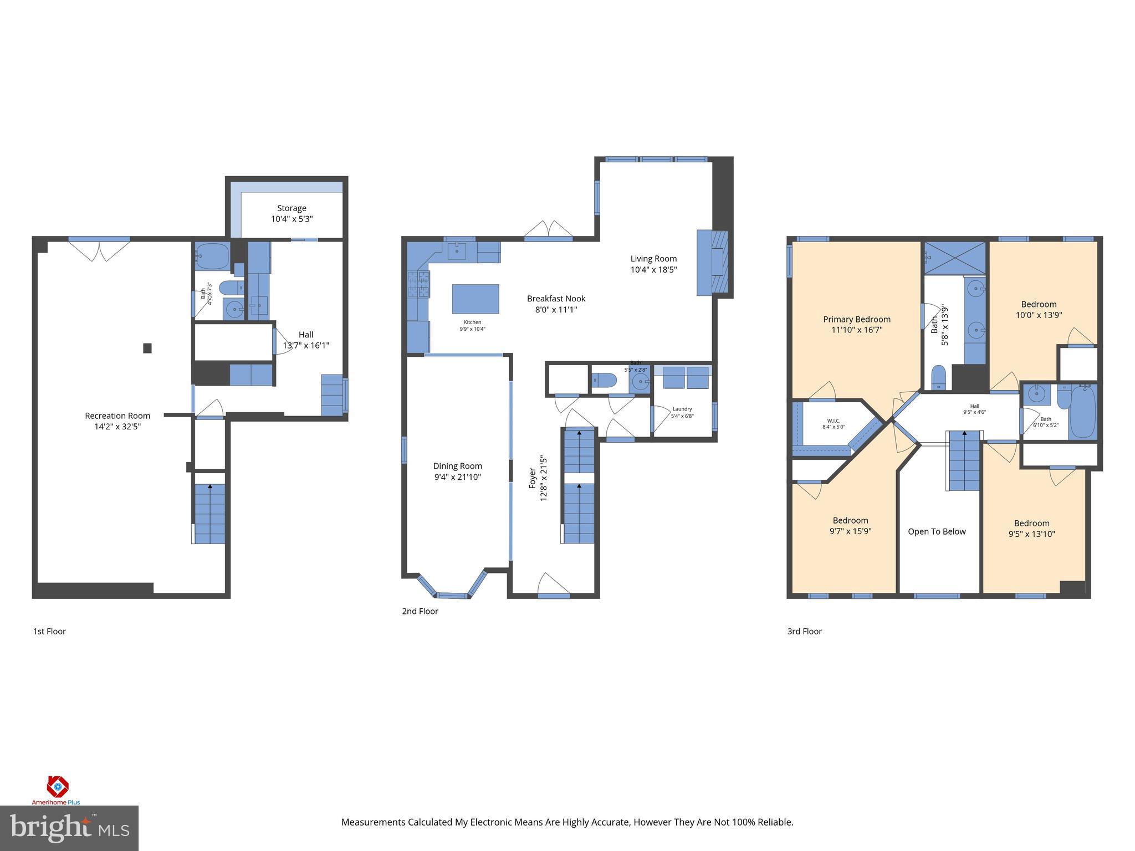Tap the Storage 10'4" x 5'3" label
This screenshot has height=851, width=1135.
click(292, 213)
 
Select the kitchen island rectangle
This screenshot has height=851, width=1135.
click(476, 299)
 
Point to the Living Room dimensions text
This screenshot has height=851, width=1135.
click(653, 270)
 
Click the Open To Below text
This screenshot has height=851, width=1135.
click(937, 531)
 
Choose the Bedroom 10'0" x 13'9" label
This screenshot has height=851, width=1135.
click(1039, 309)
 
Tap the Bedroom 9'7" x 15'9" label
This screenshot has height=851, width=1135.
click(850, 525)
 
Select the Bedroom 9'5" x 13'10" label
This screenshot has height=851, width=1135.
click(1031, 529)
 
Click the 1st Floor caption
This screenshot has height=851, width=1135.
click(49, 631)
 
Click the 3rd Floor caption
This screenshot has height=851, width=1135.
click(804, 631)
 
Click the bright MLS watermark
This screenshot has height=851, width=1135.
click(69, 828)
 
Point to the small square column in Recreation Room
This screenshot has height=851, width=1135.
click(147, 348)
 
